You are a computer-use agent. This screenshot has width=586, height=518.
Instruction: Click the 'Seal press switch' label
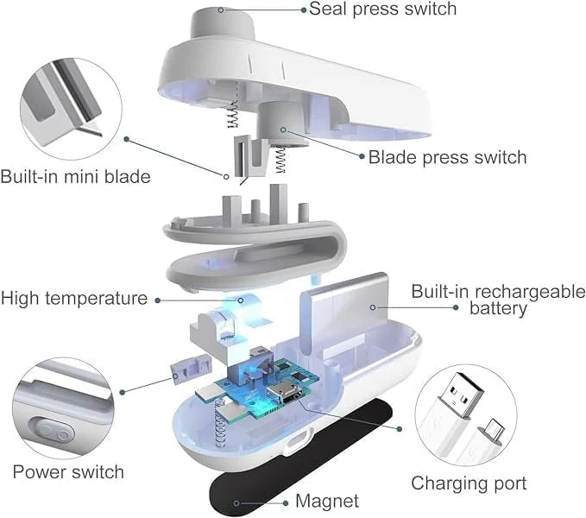382,9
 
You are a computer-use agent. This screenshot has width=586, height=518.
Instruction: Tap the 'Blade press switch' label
447,157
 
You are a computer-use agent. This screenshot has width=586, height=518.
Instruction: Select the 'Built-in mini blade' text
75,177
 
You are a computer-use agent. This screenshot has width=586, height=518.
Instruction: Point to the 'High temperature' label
74,299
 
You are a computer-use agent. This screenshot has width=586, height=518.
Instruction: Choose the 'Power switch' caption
68,471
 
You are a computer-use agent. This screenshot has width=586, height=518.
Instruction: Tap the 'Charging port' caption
469,483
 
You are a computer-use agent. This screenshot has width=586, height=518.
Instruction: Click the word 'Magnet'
327,501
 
